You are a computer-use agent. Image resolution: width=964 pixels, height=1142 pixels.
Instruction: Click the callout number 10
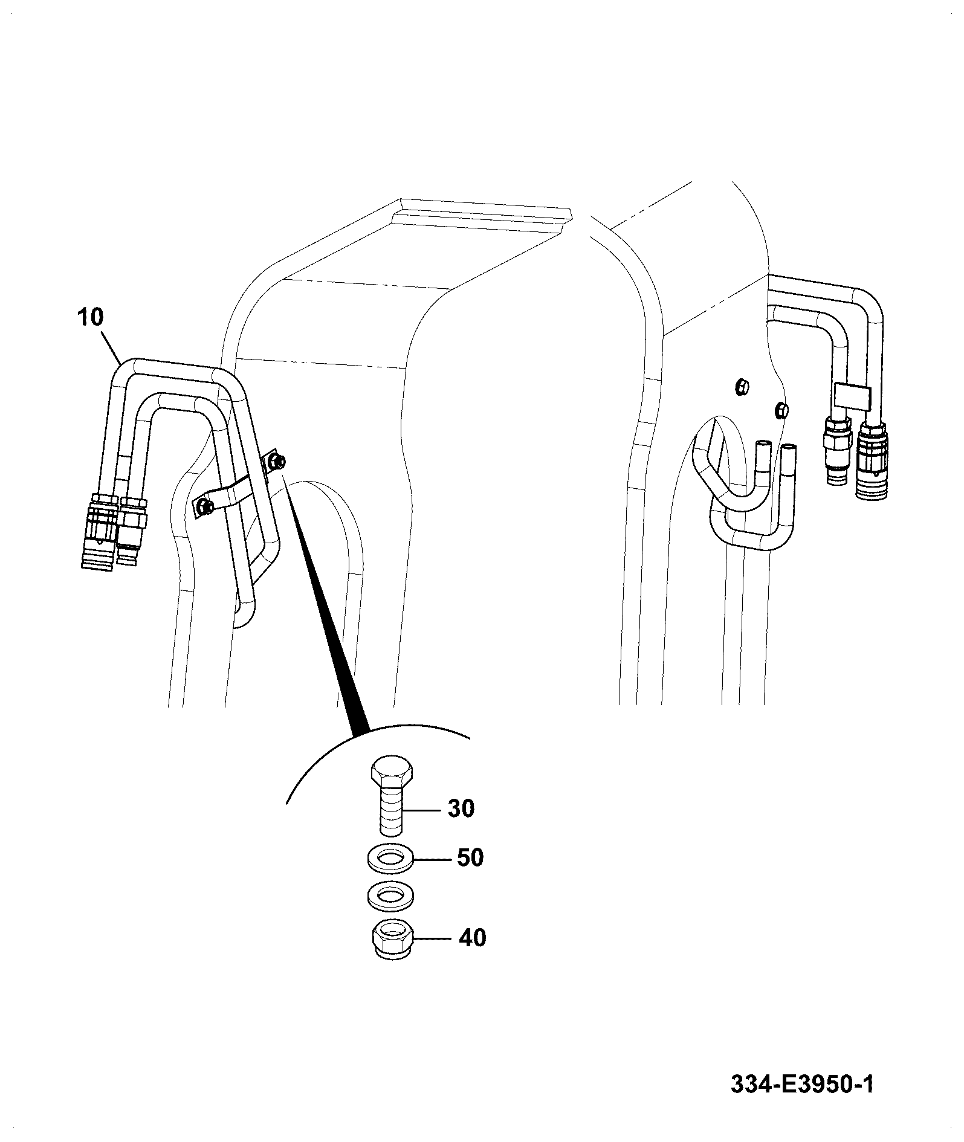tap(91, 318)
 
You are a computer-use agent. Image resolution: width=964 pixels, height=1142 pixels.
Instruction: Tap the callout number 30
tap(461, 808)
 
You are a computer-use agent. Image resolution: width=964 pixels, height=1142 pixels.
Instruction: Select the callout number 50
tap(470, 858)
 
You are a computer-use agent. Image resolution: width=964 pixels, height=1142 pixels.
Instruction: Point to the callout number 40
tap(472, 938)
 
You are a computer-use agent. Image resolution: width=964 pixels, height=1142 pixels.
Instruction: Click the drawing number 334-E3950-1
tap(802, 1085)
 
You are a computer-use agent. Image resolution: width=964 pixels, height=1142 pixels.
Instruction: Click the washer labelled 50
tap(390, 859)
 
